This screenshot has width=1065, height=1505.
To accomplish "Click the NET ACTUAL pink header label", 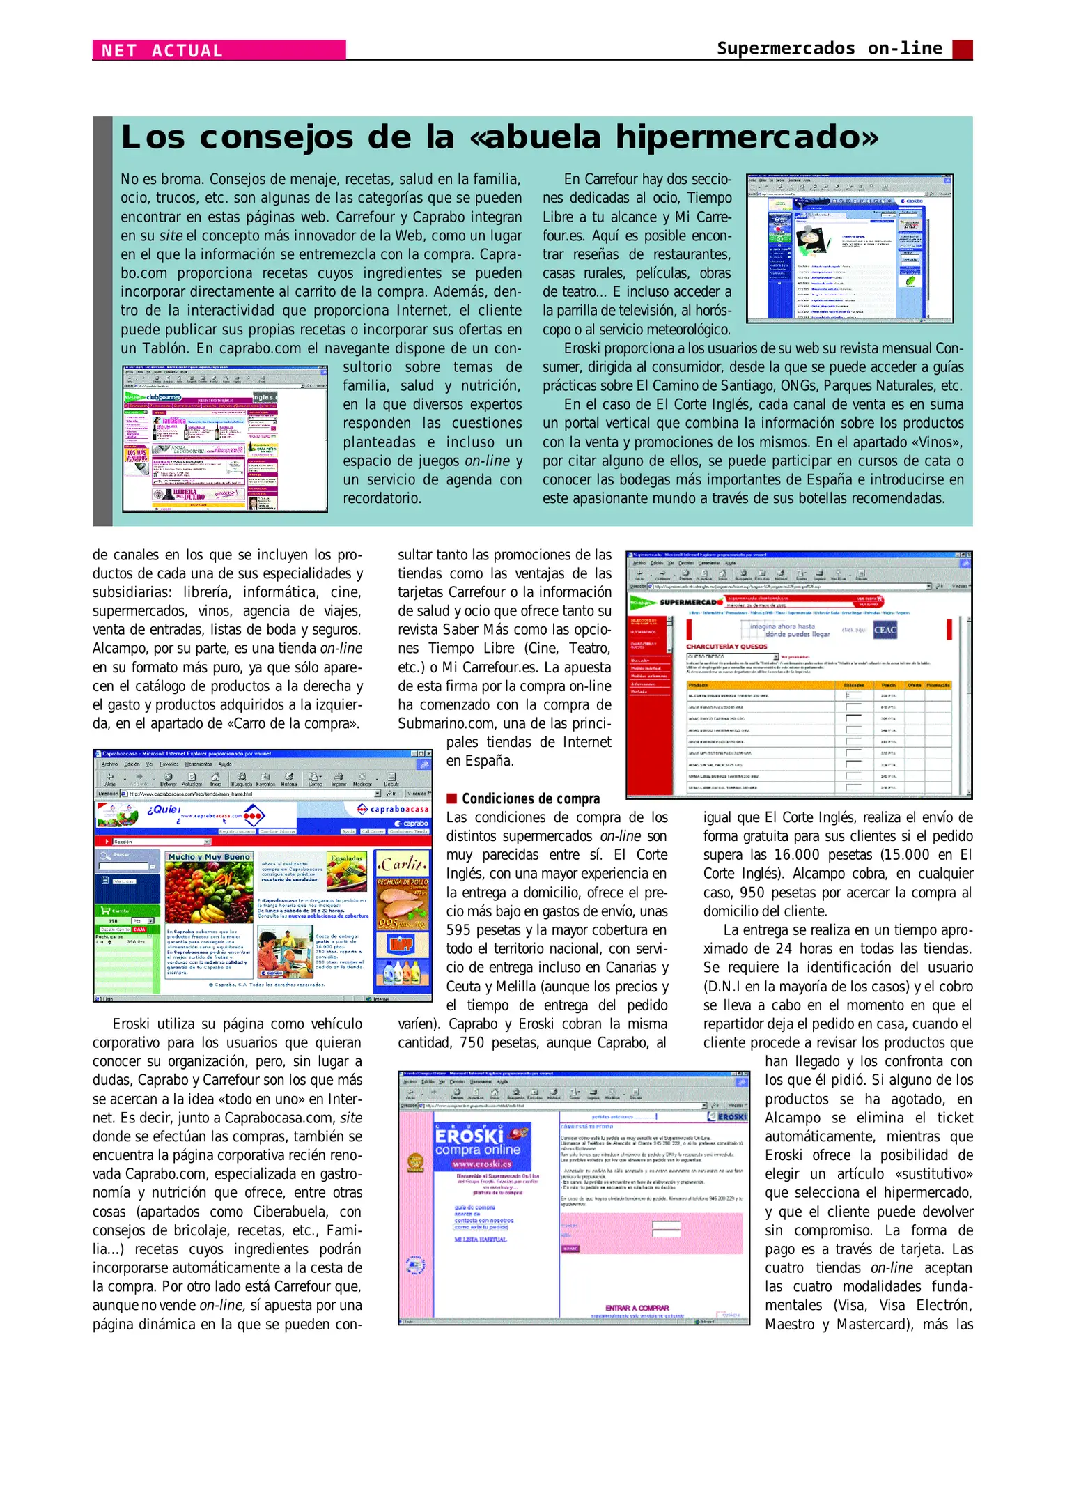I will tap(162, 50).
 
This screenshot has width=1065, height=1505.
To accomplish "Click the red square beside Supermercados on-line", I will tap(962, 49).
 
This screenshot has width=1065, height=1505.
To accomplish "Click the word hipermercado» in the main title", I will tap(747, 137).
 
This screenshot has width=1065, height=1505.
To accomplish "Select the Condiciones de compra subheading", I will tap(530, 798).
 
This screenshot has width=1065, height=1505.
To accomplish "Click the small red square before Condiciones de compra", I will tap(451, 798).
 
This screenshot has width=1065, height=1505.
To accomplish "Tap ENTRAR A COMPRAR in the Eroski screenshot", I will tap(637, 1308).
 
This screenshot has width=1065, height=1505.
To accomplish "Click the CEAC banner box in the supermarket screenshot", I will tap(885, 629).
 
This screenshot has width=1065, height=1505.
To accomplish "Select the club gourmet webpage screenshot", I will tap(224, 439).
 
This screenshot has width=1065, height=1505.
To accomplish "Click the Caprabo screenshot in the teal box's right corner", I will tap(849, 248).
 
